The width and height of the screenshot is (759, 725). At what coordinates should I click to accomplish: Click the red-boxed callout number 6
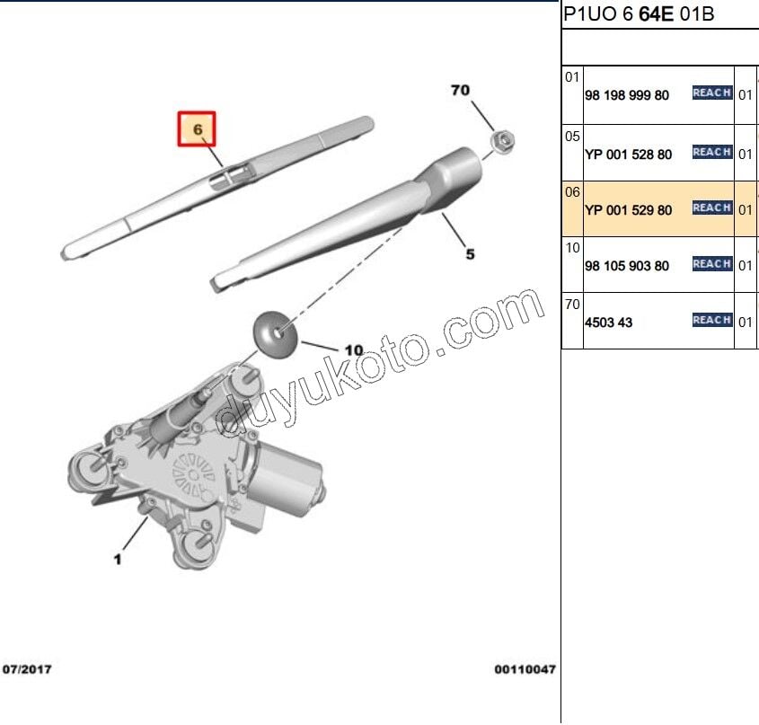[197, 128]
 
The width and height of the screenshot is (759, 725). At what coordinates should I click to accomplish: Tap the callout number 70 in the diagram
[460, 90]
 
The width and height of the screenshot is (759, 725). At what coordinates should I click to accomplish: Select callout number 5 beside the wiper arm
[470, 253]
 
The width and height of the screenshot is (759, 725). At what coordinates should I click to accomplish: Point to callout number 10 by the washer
[354, 350]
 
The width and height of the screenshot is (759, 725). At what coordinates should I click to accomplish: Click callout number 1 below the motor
[117, 560]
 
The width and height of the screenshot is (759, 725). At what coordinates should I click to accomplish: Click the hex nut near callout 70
[502, 141]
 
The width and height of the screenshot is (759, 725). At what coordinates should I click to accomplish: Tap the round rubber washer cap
[275, 335]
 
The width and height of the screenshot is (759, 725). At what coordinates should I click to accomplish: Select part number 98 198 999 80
[627, 95]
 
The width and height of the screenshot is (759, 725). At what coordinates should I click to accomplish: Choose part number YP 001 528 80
[628, 155]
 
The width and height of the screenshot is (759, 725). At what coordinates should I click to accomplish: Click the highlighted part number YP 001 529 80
[628, 210]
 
